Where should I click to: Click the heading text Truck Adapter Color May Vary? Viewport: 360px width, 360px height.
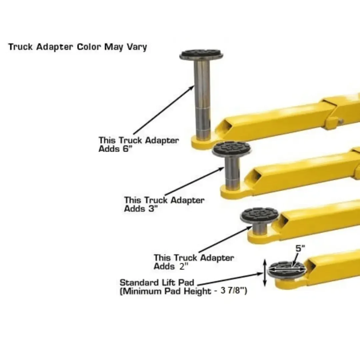77,47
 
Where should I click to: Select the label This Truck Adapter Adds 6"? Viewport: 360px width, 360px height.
138,144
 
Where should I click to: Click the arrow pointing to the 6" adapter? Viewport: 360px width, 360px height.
163,110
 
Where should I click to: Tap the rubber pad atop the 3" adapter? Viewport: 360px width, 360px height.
232,149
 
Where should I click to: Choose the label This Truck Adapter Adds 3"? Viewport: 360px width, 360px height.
164,204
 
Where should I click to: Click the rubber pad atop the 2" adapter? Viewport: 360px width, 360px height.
259,215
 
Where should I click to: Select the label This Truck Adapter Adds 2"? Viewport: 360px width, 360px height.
193,262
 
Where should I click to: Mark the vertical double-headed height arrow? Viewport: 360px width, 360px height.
265,273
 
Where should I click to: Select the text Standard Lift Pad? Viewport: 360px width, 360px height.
157,283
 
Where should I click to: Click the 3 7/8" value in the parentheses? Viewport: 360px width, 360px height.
234,291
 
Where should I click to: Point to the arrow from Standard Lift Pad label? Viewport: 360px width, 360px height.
233,279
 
